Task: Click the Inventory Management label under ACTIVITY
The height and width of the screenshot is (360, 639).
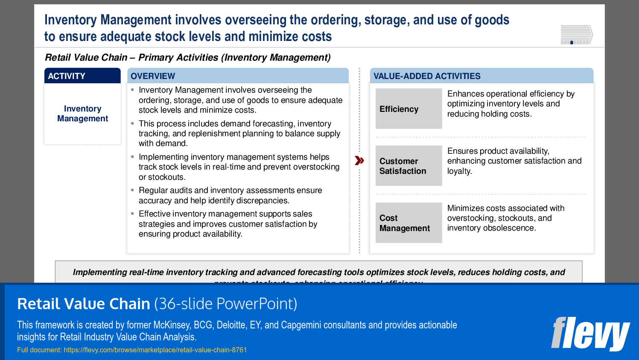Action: pos(82,114)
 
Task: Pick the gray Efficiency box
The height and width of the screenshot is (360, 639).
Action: pos(408,109)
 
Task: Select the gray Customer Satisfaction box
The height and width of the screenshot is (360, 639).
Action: pos(408,166)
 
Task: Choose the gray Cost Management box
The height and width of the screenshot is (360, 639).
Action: pos(408,223)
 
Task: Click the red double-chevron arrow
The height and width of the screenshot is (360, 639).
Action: pos(359,161)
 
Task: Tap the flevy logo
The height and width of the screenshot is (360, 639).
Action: pos(590,334)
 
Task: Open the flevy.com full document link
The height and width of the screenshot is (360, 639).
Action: pos(155,350)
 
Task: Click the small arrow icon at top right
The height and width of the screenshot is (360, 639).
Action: pos(577,35)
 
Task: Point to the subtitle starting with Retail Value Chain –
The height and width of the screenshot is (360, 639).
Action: pos(188,57)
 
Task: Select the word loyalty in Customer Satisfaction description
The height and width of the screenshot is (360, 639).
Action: pos(459,171)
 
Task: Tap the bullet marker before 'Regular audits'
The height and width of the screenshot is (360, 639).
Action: pos(133,190)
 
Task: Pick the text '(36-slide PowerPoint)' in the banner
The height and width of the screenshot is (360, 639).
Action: pos(225,304)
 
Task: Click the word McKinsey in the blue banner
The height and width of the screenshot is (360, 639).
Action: pos(171,325)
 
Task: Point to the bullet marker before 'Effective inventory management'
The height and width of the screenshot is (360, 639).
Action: pos(133,214)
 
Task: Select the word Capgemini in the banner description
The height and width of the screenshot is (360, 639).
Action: pos(301,325)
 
